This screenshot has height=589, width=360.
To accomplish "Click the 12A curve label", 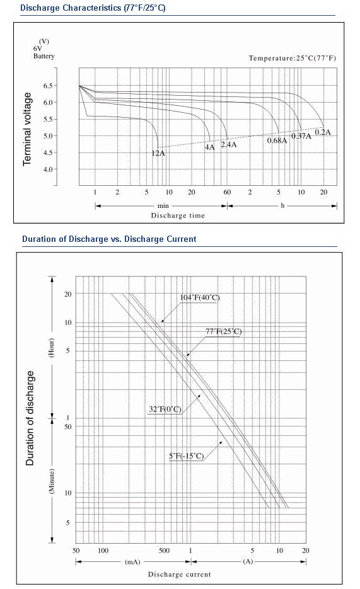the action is pyautogui.click(x=158, y=153).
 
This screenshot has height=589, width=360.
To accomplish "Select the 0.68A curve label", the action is pyautogui.click(x=277, y=140).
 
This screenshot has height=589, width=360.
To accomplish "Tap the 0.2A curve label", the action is pyautogui.click(x=323, y=132).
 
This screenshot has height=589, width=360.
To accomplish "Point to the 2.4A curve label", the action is pyautogui.click(x=228, y=145).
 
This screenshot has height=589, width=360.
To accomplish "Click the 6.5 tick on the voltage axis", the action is pyautogui.click(x=48, y=86).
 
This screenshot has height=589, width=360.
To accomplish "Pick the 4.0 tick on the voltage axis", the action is pyautogui.click(x=48, y=169).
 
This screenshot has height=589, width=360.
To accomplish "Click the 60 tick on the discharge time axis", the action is pyautogui.click(x=228, y=192).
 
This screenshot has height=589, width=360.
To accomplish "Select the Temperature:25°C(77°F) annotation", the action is pyautogui.click(x=293, y=58).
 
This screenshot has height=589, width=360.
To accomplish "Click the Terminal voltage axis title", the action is pyautogui.click(x=27, y=129).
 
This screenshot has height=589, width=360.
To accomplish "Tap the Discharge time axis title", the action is pyautogui.click(x=178, y=215).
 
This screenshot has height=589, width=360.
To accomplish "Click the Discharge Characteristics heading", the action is pyautogui.click(x=93, y=8).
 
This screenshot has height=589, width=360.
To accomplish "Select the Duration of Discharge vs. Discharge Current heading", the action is pyautogui.click(x=109, y=239).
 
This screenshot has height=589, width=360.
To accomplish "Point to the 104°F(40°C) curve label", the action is pyautogui.click(x=200, y=298).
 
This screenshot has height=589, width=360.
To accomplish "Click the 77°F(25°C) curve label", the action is pyautogui.click(x=224, y=332).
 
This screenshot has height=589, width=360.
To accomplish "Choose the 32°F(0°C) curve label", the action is pyautogui.click(x=165, y=409).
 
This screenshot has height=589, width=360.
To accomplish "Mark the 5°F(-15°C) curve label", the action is pyautogui.click(x=187, y=456).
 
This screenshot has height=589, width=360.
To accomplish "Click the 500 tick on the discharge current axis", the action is pyautogui.click(x=164, y=551).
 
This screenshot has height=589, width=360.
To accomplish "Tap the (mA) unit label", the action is pyautogui.click(x=132, y=562).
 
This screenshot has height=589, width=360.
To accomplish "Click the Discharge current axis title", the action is pyautogui.click(x=179, y=575).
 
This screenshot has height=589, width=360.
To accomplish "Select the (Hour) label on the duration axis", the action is pyautogui.click(x=52, y=348).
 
